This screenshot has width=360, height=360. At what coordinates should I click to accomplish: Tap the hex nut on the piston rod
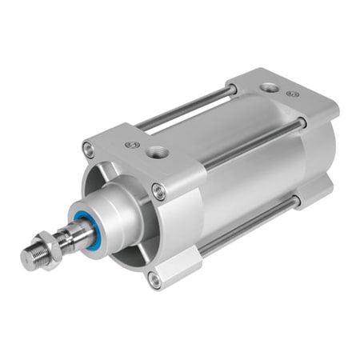click(50, 244)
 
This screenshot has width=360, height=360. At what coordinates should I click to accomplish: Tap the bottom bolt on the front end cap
click(153, 278)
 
